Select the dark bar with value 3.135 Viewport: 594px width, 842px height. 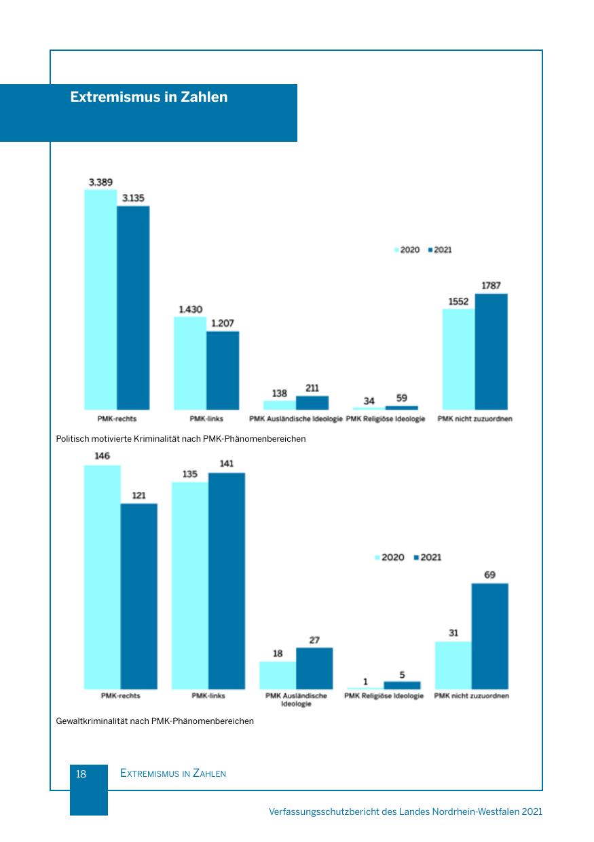click(x=133, y=307)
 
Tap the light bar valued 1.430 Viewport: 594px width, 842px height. click(x=190, y=363)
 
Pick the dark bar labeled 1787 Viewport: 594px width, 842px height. click(x=491, y=351)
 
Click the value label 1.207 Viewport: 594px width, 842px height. click(x=223, y=323)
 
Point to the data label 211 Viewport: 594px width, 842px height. click(x=312, y=389)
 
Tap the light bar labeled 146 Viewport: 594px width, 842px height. click(x=103, y=577)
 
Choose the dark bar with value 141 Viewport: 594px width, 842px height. click(x=227, y=581)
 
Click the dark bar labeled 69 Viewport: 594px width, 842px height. click(x=489, y=636)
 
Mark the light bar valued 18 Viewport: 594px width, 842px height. click(x=278, y=675)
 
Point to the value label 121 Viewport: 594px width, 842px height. click(x=138, y=495)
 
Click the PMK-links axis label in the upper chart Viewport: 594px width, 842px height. click(x=206, y=419)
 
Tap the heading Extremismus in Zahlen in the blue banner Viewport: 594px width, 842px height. click(x=149, y=97)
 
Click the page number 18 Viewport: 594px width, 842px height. click(x=81, y=773)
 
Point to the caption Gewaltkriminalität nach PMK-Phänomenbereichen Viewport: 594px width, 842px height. click(x=155, y=721)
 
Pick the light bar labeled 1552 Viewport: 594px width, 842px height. click(x=458, y=359)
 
